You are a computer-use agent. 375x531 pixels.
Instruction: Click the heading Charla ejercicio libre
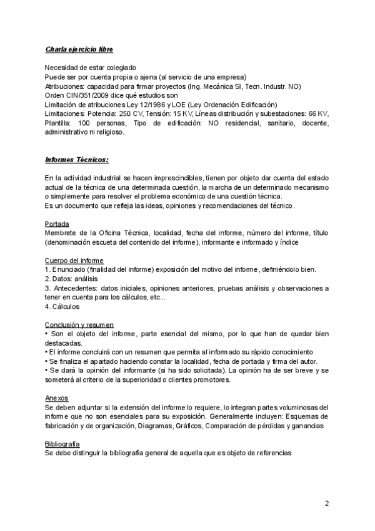tap(79, 49)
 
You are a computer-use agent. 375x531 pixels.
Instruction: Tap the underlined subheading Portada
tap(57, 224)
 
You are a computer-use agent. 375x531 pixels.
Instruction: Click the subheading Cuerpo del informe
tap(74, 260)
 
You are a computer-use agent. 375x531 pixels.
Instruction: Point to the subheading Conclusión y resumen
tap(79, 324)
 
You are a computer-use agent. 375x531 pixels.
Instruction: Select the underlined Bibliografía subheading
tap(62, 443)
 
